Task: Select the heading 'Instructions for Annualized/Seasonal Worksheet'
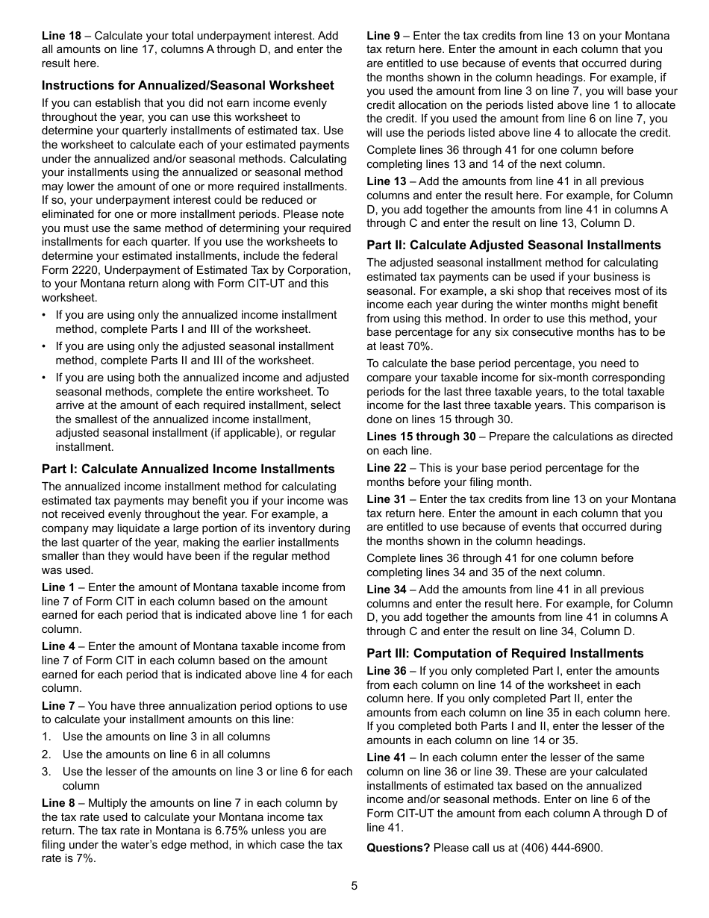[187, 85]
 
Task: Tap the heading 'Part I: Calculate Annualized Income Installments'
[187, 469]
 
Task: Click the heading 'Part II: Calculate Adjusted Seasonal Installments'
[513, 245]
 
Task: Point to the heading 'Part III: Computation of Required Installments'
[505, 653]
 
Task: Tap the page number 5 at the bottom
[354, 886]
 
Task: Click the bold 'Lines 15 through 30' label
[421, 437]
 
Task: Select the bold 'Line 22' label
[386, 468]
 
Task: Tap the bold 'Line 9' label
[383, 36]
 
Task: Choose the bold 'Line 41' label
[386, 758]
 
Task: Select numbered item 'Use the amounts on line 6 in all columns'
[166, 755]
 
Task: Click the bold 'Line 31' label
[386, 499]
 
